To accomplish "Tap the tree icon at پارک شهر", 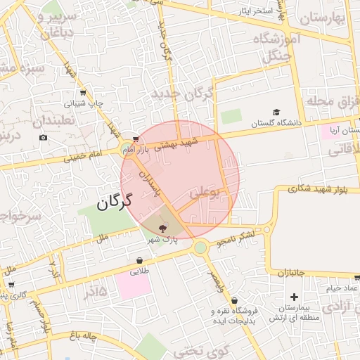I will click(x=163, y=228).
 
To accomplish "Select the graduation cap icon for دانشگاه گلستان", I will click(x=276, y=112).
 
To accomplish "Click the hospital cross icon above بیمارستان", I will click(x=293, y=297).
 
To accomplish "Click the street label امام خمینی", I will click(x=84, y=155).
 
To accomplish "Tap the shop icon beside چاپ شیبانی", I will click(x=83, y=93).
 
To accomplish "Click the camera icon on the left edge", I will click(x=44, y=137).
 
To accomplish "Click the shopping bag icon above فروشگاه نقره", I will click(x=233, y=300).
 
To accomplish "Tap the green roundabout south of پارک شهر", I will click(x=201, y=247).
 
